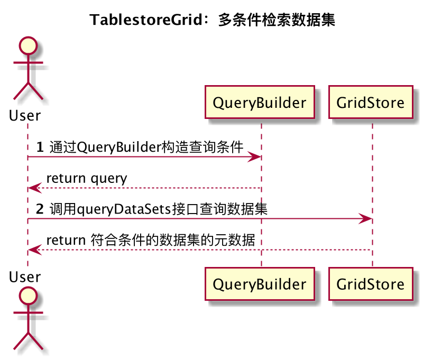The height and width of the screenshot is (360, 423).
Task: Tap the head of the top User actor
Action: (28, 45)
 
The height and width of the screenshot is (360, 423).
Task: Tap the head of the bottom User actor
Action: (28, 296)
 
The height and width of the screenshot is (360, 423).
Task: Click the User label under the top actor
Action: (25, 115)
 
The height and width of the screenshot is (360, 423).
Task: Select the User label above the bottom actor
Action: (25, 277)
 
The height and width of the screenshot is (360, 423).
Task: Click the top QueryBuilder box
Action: (260, 102)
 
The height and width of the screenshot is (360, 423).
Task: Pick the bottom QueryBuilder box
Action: (260, 284)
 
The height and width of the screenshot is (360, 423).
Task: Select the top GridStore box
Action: (371, 102)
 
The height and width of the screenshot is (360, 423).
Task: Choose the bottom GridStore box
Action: (371, 284)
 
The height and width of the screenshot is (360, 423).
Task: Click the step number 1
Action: (40, 147)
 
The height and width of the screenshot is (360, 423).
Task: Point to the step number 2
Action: (40, 209)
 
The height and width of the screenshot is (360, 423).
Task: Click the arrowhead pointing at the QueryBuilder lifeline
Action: (254, 156)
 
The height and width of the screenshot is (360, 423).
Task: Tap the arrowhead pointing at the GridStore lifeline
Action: (365, 218)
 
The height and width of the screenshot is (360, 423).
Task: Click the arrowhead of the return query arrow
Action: (35, 188)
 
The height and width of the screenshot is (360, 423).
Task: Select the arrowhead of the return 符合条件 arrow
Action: (35, 250)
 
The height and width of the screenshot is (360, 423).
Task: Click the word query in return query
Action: (109, 179)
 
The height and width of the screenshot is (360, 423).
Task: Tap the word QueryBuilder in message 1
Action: (119, 148)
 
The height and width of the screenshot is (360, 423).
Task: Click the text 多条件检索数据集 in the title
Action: (277, 20)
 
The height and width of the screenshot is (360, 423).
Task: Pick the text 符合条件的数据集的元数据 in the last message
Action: (173, 240)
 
